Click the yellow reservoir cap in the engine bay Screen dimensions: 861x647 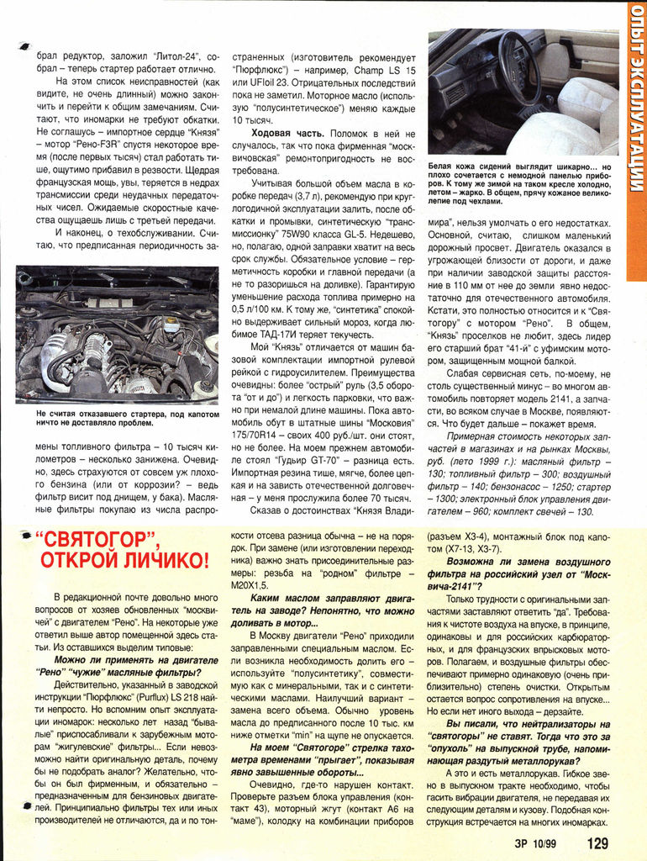point(171,325)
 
